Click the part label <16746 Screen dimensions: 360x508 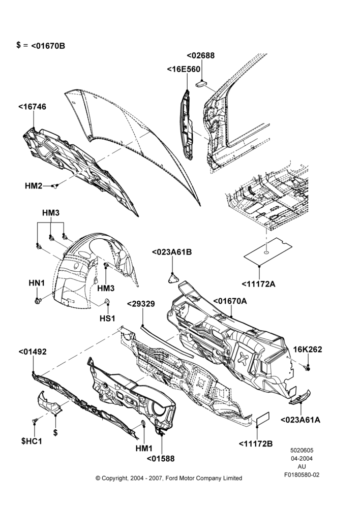point(32,107)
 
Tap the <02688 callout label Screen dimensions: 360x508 point(201,55)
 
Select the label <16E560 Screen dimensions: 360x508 point(184,69)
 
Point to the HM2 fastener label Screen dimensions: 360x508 point(34,186)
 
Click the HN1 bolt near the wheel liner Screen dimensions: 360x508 point(37,301)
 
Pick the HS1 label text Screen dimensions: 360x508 point(107,319)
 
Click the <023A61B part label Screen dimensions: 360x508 point(172,252)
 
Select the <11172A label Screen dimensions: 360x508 point(258,284)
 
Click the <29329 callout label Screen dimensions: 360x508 point(141,304)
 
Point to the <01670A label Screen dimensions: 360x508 point(230,301)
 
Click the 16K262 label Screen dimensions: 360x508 point(308,350)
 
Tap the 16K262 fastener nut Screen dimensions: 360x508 point(308,368)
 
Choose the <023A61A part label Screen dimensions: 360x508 point(301,420)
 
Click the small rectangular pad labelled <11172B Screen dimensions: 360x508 point(263,419)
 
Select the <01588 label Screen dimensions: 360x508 point(161,459)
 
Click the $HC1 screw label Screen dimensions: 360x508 point(32,441)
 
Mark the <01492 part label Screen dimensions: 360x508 point(33,352)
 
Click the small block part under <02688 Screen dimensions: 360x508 point(201,84)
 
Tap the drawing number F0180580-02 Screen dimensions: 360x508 point(302,475)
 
